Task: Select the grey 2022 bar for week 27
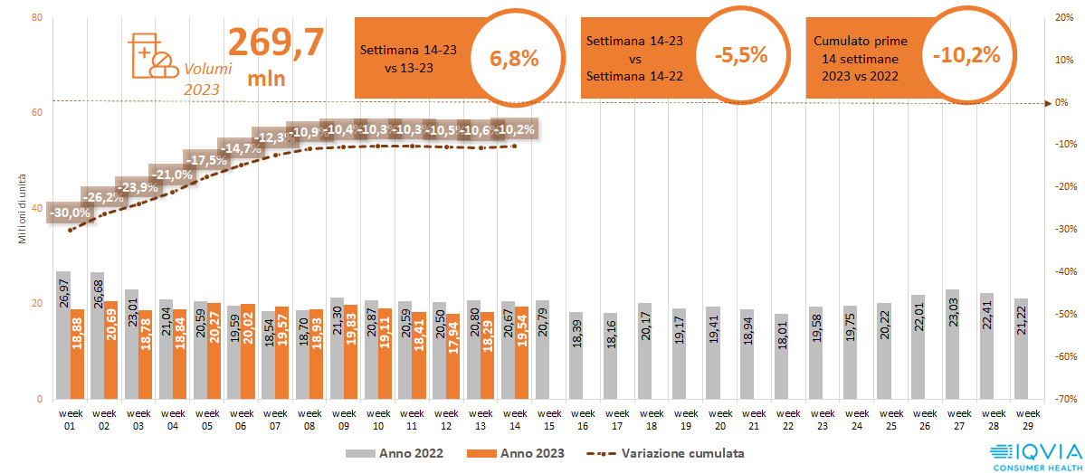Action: click(x=952, y=344)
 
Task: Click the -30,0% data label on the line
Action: click(x=69, y=213)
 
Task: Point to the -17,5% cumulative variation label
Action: click(x=206, y=160)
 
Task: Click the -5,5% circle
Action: click(x=740, y=55)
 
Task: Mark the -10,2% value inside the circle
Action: click(x=966, y=55)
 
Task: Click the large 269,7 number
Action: click(x=275, y=43)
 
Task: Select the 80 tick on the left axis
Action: click(x=37, y=17)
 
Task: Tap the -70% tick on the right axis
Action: click(x=1063, y=399)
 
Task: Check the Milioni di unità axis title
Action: click(x=21, y=208)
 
